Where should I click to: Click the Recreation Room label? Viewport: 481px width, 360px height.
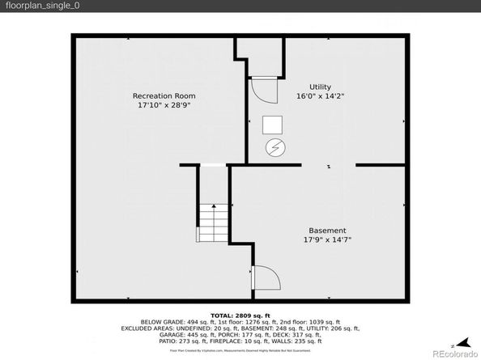164,95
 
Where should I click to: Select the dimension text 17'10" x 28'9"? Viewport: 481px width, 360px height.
164,105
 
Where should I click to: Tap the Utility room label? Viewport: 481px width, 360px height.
320,87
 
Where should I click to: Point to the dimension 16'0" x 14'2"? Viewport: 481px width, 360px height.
320,96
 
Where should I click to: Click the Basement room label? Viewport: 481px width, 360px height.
327,230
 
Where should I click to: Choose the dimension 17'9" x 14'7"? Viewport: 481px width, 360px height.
327,239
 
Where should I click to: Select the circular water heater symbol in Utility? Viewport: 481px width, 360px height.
275,148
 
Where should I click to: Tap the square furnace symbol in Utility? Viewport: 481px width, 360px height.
273,125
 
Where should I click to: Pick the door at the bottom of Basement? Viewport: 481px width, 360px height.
266,279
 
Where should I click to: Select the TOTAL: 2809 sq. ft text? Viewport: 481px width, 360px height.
240,315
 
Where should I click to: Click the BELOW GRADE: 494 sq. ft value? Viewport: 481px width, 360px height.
172,321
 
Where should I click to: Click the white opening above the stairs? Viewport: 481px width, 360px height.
213,166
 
